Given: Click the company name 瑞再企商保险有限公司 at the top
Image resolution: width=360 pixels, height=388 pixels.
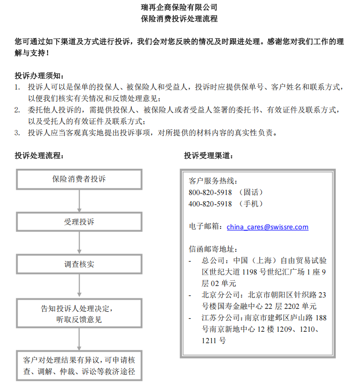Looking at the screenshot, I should click(180, 7).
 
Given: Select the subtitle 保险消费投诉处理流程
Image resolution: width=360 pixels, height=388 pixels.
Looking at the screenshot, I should click(180, 19).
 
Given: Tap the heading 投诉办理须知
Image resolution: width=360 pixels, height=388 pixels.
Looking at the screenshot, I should click(38, 76).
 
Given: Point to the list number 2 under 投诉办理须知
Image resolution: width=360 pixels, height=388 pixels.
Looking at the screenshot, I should click(17, 110).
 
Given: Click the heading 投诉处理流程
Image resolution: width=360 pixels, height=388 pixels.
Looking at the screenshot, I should click(38, 155).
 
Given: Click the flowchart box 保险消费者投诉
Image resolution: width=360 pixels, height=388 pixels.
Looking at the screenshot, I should click(79, 179).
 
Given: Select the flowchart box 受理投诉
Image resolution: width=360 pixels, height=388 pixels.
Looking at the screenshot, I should click(79, 222).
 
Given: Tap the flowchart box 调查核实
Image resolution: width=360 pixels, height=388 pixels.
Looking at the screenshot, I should click(79, 264).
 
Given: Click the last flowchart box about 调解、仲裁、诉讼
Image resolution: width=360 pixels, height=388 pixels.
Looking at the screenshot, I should click(79, 366).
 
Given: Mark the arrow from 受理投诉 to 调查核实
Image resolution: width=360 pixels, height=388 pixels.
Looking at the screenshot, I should click(79, 243).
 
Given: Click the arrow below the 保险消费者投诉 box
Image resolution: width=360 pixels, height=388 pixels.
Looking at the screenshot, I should click(79, 201).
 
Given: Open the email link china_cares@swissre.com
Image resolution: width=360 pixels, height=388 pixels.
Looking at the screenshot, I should click(267, 227).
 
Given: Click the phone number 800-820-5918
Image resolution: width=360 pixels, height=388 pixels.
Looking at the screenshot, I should click(210, 192).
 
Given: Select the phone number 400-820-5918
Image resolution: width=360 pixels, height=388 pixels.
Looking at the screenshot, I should click(210, 204).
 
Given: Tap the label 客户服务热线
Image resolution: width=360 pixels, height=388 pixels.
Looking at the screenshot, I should click(212, 181).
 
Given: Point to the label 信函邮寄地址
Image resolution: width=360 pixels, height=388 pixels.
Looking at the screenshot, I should click(212, 249).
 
